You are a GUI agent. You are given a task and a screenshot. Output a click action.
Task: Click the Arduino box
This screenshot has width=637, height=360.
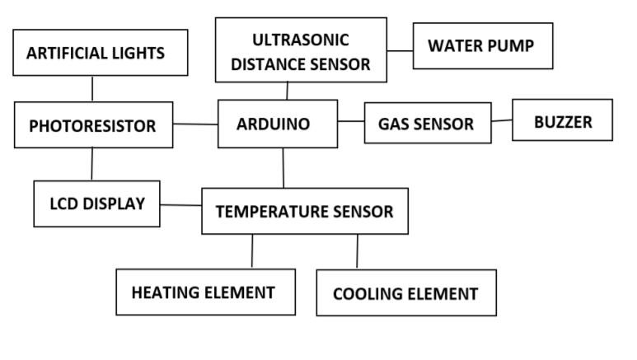277,124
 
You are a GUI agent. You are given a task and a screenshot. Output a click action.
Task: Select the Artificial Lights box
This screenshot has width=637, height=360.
96,54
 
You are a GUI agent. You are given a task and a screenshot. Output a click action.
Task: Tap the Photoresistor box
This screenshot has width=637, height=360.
93,125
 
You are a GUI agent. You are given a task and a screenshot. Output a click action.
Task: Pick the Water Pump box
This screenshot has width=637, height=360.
482,45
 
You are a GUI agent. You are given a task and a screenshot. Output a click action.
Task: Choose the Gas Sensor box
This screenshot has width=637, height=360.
427,124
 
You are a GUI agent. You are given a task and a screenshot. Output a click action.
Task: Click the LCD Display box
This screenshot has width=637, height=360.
96,203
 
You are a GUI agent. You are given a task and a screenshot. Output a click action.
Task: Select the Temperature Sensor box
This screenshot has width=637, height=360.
304,211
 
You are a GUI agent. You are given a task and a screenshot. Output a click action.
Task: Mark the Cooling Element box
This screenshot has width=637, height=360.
405,293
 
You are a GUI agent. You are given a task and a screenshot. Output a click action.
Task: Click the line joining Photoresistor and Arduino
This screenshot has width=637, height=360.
195,124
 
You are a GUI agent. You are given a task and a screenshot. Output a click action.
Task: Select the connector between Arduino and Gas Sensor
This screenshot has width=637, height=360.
350,123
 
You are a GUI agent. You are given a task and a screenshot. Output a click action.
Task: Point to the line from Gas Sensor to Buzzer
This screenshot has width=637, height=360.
502,121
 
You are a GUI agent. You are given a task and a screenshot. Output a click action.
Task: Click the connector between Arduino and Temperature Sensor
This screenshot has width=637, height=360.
283,168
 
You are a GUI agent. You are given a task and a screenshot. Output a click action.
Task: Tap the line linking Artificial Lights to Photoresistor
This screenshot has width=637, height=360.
92,88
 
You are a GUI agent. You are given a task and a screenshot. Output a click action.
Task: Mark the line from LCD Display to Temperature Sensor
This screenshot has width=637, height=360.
180,205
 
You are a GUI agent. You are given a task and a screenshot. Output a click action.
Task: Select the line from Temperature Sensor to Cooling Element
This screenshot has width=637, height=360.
357,251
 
